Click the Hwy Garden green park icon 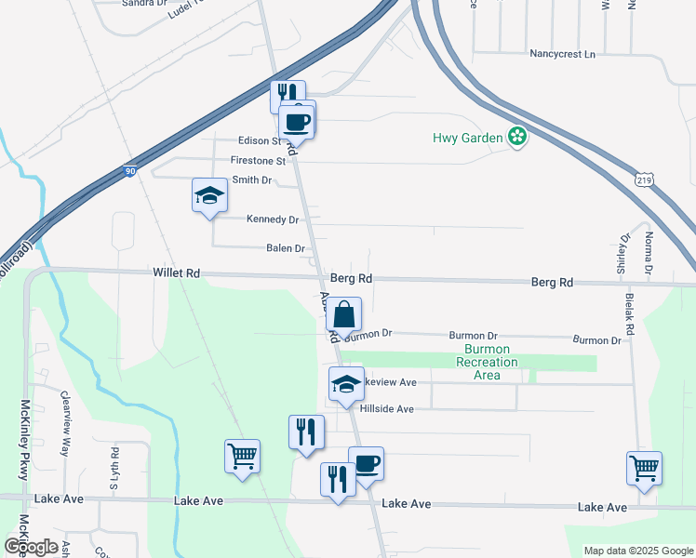[x=517, y=138]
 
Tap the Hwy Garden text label [x=467, y=139]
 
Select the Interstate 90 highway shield [x=130, y=171]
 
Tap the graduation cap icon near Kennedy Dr [x=209, y=195]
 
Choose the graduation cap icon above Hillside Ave [x=346, y=383]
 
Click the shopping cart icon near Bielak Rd [x=644, y=467]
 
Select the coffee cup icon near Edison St [x=297, y=121]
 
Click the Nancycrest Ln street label [x=562, y=54]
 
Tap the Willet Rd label [x=177, y=273]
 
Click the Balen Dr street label [x=286, y=248]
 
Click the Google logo [x=31, y=547]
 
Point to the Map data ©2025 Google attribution [x=637, y=551]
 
